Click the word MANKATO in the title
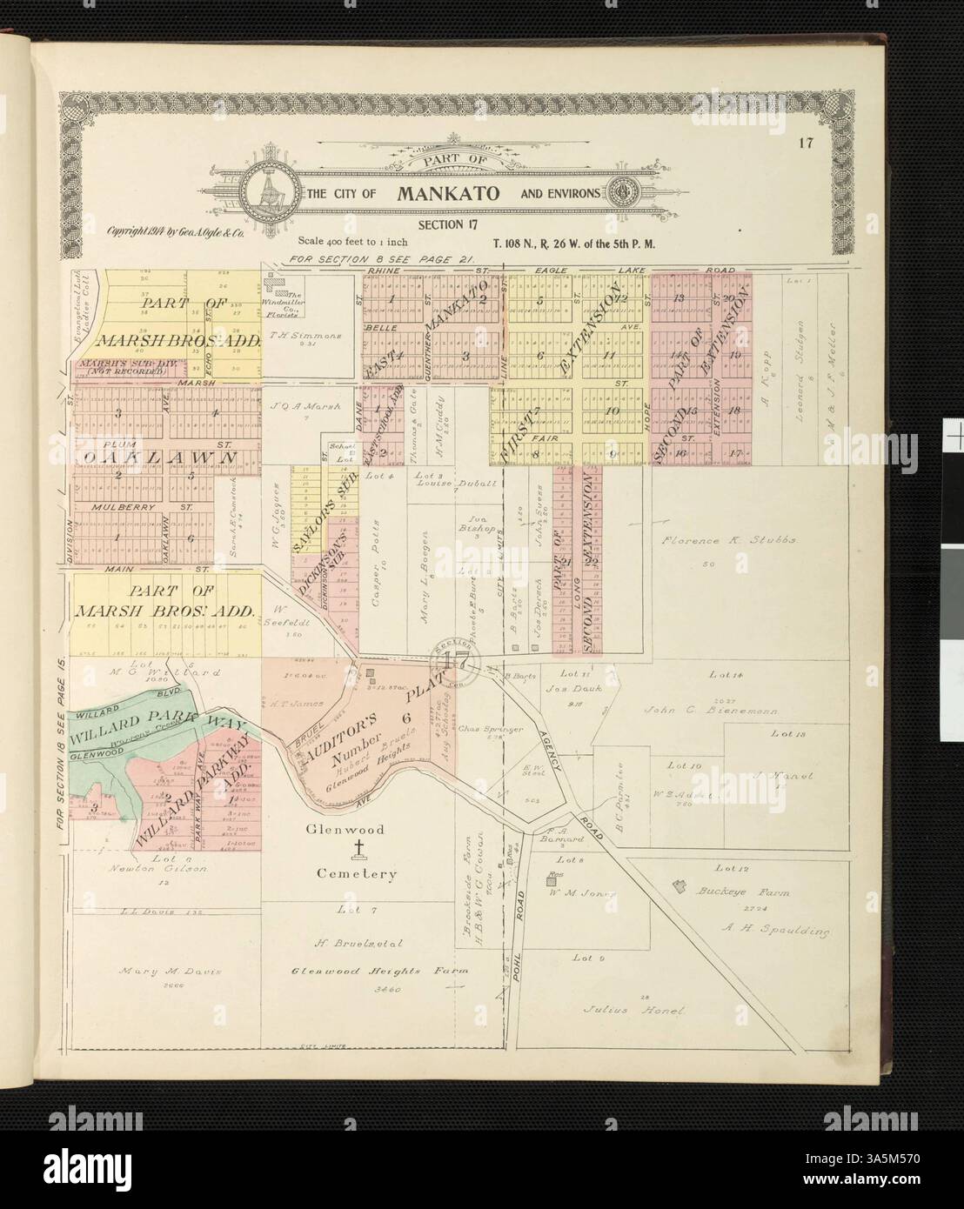[x=448, y=192]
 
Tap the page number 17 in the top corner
[x=808, y=144]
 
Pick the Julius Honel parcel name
[x=633, y=1012]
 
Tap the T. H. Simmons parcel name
[x=296, y=335]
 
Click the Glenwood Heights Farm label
[x=355, y=971]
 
